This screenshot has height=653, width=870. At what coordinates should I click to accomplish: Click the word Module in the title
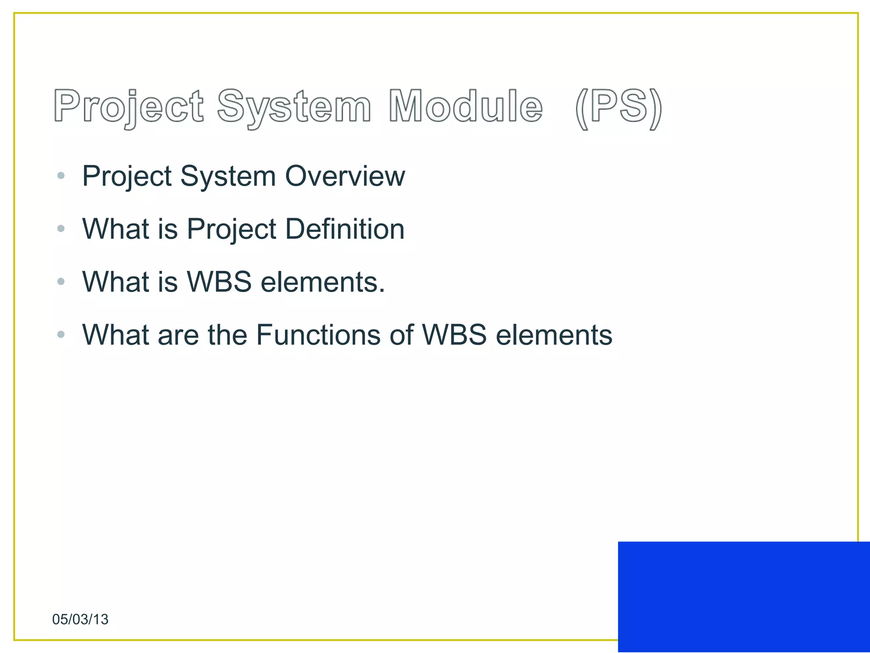(x=466, y=106)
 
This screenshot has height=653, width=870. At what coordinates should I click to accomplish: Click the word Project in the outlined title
(x=129, y=106)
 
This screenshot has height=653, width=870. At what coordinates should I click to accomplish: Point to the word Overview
(x=345, y=176)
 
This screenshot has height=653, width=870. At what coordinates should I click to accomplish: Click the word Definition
(x=345, y=229)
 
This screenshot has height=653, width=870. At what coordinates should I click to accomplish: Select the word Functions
(x=319, y=335)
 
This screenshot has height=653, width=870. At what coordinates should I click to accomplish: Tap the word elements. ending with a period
(x=323, y=282)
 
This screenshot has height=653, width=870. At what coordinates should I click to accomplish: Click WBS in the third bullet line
(x=220, y=282)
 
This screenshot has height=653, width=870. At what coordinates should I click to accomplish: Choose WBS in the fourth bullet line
(x=454, y=335)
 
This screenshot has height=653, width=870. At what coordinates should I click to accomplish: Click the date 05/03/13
(x=80, y=619)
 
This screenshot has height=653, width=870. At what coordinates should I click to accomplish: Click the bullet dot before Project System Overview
(x=61, y=175)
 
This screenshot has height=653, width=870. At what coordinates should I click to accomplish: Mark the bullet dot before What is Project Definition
(x=61, y=229)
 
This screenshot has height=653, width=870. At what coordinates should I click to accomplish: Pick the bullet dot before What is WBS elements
(x=61, y=281)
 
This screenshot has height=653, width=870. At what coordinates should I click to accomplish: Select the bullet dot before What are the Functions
(x=61, y=335)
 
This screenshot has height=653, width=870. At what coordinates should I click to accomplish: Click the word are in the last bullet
(x=178, y=335)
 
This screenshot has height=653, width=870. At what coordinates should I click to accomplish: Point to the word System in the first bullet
(x=228, y=176)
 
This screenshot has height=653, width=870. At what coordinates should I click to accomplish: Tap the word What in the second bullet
(x=116, y=229)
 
